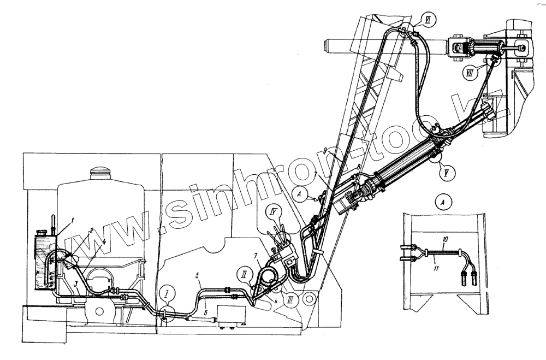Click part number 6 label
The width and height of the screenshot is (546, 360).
pyautogui.click(x=206, y=312)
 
